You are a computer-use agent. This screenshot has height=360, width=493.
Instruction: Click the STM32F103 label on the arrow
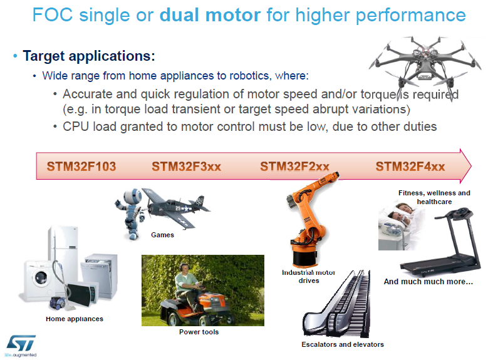tap(81, 166)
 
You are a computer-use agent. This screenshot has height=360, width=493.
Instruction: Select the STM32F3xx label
tap(187, 166)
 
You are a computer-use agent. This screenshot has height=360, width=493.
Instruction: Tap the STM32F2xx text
tap(294, 166)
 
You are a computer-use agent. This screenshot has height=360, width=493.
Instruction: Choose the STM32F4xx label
tap(410, 166)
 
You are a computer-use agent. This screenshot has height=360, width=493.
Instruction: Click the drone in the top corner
tap(425, 66)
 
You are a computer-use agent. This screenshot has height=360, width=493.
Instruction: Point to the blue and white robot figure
tap(130, 213)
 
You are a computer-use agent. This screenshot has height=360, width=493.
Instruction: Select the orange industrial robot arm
tap(309, 220)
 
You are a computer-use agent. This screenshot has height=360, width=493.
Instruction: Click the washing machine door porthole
tap(41, 277)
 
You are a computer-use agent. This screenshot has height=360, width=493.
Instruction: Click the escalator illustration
tap(336, 303)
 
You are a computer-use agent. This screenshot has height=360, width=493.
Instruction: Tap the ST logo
tap(21, 343)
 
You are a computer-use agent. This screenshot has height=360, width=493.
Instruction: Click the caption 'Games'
tap(162, 235)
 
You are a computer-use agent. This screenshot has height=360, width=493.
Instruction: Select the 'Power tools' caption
tap(199, 332)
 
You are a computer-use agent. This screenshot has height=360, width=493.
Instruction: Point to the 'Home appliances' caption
tap(75, 319)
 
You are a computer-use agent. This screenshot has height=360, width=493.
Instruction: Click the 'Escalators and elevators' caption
tap(343, 344)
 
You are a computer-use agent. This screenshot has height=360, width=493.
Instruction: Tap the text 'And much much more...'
tap(428, 282)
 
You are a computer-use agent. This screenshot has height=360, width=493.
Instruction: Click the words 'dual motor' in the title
tap(210, 15)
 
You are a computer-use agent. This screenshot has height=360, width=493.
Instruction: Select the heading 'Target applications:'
tap(89, 56)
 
